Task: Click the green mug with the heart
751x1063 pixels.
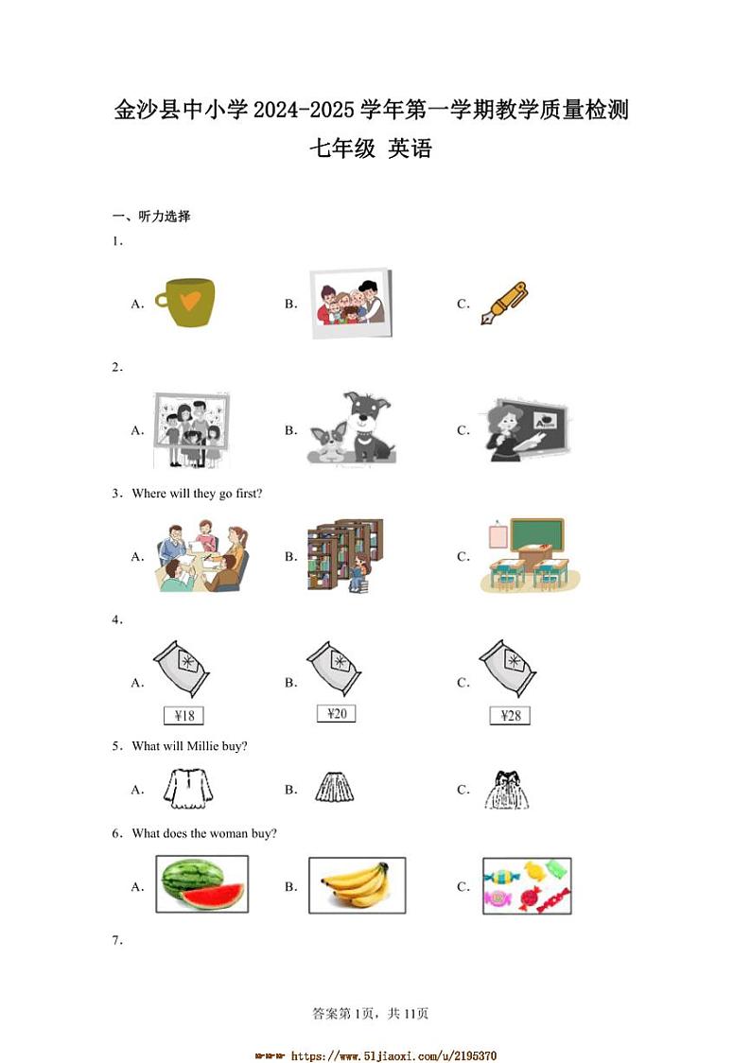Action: coord(185,303)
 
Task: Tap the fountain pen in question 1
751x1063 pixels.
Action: coord(504,303)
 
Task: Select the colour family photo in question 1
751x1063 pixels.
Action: coord(350,303)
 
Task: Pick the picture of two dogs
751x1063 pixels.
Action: coord(351,429)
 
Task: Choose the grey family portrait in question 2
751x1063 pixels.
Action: coord(191,430)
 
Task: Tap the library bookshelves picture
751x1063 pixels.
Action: coord(344,555)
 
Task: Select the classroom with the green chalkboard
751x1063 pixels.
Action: coord(530,555)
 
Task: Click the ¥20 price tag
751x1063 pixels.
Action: coord(336,713)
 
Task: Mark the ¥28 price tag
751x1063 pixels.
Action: coord(510,716)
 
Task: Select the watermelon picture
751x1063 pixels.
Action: coord(201,884)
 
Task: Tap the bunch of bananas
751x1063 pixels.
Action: coord(356,885)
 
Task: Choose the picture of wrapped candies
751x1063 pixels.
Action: coord(527,886)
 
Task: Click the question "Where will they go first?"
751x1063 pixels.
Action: coord(197,494)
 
